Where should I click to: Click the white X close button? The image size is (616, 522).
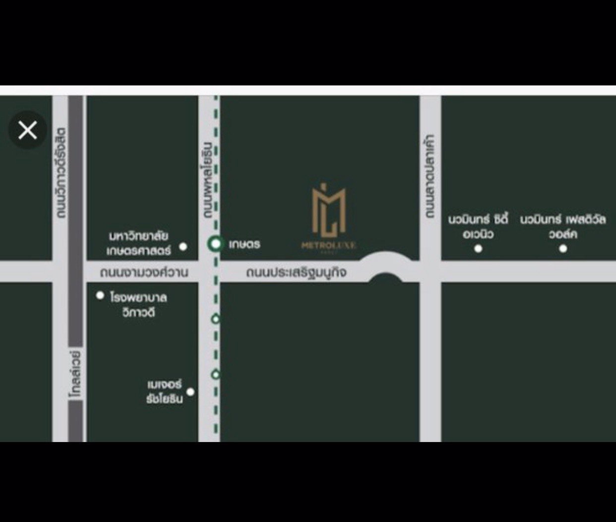pos(28,130)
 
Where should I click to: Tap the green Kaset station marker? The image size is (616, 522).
pos(215,243)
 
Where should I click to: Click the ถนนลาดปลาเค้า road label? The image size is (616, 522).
pos(430,176)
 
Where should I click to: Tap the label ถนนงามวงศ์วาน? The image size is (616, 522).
pos(144,273)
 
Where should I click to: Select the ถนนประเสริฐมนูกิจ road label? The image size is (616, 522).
pos(296,273)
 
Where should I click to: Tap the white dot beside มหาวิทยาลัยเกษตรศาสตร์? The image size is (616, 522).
pos(183,246)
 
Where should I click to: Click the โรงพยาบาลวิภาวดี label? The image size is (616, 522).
pos(138,304)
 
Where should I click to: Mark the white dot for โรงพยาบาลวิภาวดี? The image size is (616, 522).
pos(100,296)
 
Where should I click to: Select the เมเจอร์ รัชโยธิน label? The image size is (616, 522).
pos(165,391)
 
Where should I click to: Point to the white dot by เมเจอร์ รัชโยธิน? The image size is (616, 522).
pos(190,392)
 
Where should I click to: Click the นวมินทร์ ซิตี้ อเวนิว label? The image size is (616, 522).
pos(478,226)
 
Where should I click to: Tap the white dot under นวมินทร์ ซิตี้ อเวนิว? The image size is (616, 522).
pos(478,248)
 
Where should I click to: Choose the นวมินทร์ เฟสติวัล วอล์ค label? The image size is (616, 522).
pos(563,226)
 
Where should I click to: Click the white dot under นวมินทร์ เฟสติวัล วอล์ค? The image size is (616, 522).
pos(563,248)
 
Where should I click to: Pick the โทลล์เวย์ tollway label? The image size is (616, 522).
pos(75,373)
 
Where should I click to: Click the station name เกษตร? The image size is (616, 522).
pos(245,244)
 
